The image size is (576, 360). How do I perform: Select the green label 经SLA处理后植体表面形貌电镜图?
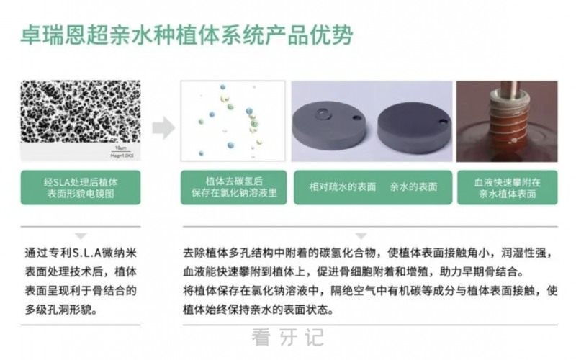click(81, 187)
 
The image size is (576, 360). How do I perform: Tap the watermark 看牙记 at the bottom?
click(288, 337)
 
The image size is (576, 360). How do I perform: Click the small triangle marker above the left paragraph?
click(81, 235)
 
